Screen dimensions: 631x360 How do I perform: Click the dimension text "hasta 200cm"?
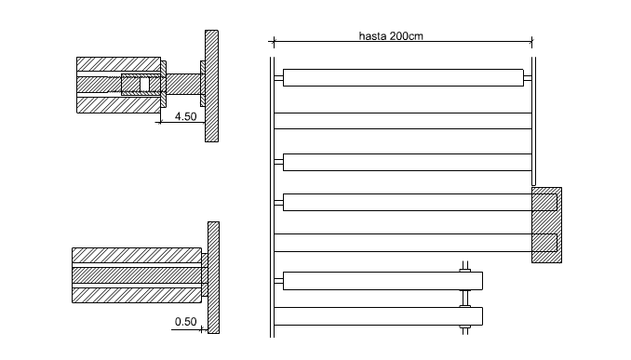coord(391,36)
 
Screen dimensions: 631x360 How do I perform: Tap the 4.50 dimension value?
coord(185,116)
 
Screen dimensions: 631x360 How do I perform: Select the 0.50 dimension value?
coord(185,322)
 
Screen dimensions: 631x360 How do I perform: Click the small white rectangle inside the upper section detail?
coord(144,85)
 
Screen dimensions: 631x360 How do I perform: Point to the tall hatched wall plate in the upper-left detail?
coord(211,87)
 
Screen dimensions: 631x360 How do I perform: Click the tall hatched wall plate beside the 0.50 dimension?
coord(214,277)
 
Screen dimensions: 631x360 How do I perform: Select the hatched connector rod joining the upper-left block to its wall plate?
coord(183,84)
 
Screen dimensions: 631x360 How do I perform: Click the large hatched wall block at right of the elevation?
coord(546,225)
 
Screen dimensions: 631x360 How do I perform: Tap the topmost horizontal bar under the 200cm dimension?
coord(403,77)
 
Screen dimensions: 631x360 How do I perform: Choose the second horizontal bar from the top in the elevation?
coord(403,121)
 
